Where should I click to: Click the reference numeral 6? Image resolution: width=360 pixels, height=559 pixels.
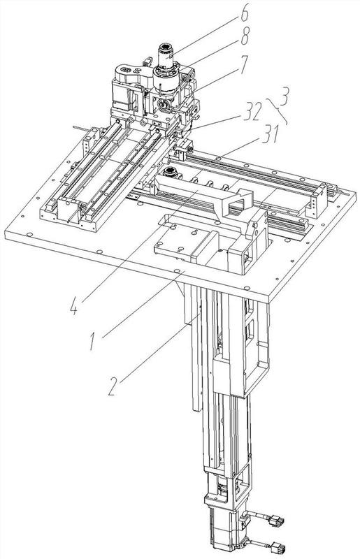click(245, 13)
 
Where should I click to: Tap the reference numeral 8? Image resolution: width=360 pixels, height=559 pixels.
click(245, 37)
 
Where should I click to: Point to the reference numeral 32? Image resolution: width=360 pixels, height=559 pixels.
click(252, 111)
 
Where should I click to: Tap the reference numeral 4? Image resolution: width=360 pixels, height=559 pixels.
click(74, 306)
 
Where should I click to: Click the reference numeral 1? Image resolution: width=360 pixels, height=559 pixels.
click(93, 340)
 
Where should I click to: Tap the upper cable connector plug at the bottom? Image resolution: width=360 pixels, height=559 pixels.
click(276, 521)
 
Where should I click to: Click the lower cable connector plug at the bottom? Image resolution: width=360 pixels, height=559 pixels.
click(278, 547)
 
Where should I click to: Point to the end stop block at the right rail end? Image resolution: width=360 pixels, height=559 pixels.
click(317, 200)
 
